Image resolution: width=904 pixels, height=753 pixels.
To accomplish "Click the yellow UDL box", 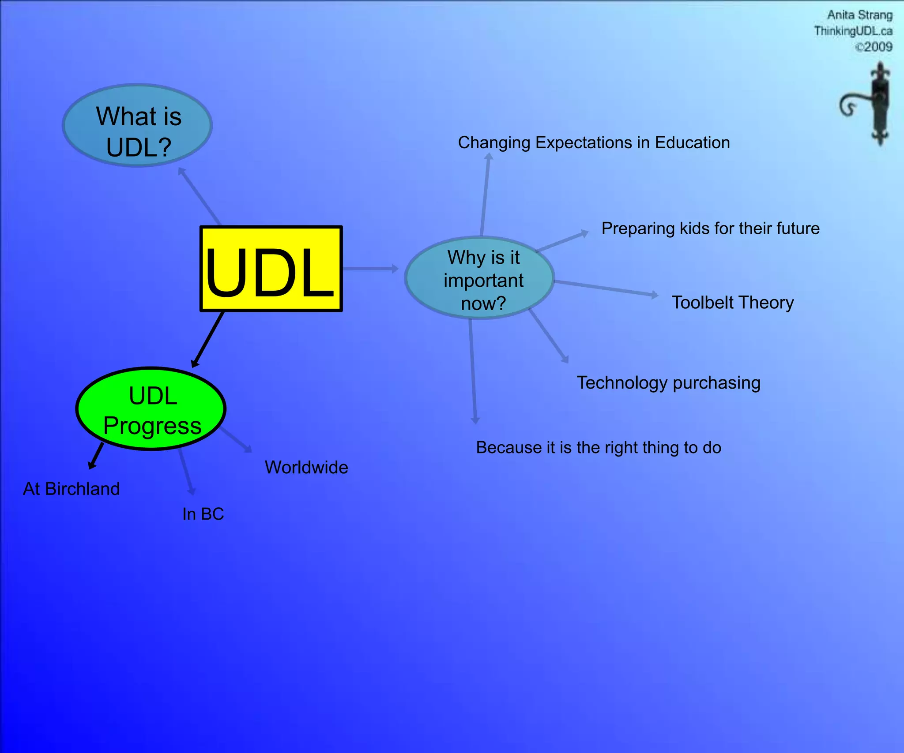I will pyautogui.click(x=271, y=269).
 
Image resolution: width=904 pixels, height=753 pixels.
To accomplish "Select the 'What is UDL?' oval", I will pyautogui.click(x=137, y=125).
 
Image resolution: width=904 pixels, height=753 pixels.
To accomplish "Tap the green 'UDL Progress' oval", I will pyautogui.click(x=151, y=409).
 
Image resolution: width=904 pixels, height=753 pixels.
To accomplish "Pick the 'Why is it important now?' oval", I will pyautogui.click(x=479, y=278).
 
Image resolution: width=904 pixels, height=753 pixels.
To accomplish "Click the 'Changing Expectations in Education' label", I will pyautogui.click(x=594, y=143).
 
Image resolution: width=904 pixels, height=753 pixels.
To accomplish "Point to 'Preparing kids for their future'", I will pyautogui.click(x=710, y=229).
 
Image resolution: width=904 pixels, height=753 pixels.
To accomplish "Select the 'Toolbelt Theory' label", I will pyautogui.click(x=732, y=303).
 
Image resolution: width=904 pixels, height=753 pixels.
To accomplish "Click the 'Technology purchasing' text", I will pyautogui.click(x=668, y=383).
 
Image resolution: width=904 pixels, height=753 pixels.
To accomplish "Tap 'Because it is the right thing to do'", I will pyautogui.click(x=599, y=448).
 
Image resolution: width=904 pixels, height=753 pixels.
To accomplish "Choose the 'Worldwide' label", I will pyautogui.click(x=306, y=468).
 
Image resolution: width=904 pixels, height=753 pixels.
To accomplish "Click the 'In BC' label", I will pyautogui.click(x=203, y=514).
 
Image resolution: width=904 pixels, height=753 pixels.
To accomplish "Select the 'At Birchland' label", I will pyautogui.click(x=72, y=489).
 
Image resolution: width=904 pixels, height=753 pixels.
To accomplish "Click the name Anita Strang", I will pyautogui.click(x=859, y=15).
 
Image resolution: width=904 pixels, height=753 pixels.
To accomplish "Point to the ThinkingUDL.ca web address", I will pyautogui.click(x=853, y=31).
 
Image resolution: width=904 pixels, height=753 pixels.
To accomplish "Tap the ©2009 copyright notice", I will pyautogui.click(x=874, y=47).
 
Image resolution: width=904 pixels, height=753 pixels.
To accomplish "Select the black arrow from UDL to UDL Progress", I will pyautogui.click(x=208, y=339).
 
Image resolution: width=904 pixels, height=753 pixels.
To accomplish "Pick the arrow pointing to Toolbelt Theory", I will pyautogui.click(x=606, y=288).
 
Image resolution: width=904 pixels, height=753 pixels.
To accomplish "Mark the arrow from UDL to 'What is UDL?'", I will pyautogui.click(x=200, y=196).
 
